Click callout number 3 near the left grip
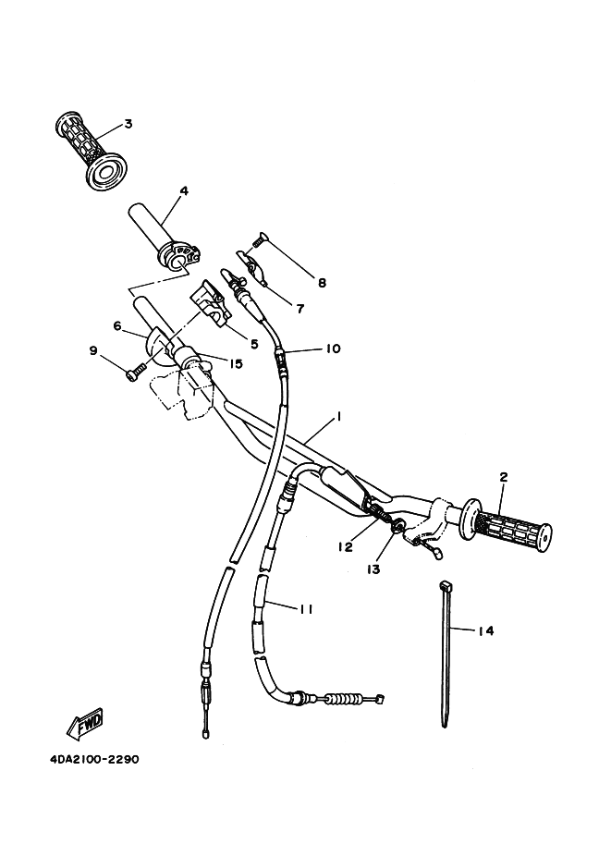coord(128,123)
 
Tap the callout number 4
coord(184,191)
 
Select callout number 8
coord(322,282)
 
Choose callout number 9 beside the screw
coord(92,350)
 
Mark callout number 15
coord(236,364)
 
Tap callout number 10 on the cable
coord(332,349)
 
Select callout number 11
coord(306,607)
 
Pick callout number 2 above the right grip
coord(504,477)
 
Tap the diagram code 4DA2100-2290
coord(94,761)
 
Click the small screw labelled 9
coord(135,371)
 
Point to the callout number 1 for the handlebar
coord(339,417)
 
